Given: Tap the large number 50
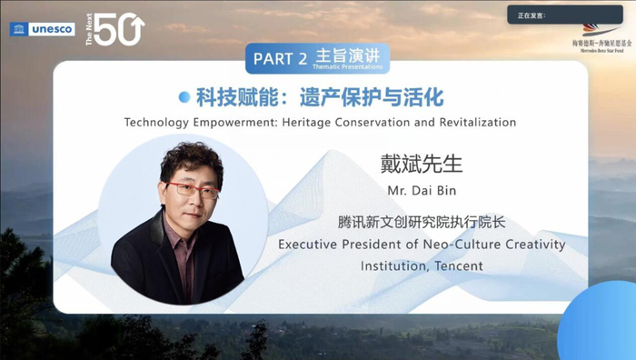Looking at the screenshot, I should (119, 30).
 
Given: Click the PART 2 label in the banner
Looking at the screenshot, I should (279, 59).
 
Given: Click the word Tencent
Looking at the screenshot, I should (459, 266).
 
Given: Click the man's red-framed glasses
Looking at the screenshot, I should (193, 189).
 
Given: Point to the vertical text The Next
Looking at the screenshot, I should (89, 29).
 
